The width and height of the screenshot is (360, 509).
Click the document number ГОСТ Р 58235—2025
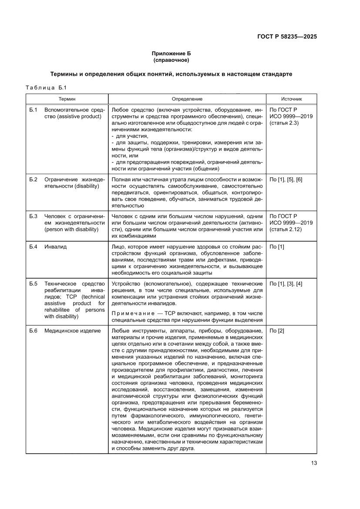click(285, 37)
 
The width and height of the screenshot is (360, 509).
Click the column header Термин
click(67, 99)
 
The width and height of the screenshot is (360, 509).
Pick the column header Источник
click(291, 99)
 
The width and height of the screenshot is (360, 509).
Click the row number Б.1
click(34, 110)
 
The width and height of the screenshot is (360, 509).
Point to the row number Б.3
click(34, 216)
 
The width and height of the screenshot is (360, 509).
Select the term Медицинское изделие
click(72, 331)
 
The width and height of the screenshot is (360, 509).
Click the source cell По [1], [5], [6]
click(286, 180)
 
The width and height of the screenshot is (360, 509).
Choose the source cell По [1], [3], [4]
click(286, 284)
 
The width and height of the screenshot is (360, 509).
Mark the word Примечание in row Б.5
click(129, 313)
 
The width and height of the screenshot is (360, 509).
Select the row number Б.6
click(34, 331)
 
